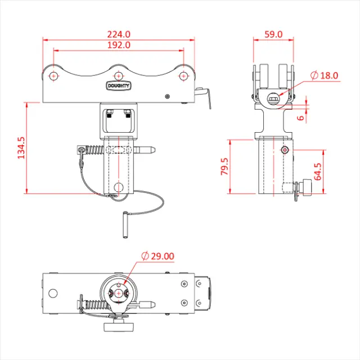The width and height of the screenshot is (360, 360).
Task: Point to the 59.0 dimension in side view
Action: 273,34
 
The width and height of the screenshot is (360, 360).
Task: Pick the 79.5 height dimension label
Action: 224,167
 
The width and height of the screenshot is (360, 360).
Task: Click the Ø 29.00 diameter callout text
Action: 158,256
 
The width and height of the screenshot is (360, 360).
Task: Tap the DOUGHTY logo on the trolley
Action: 118,86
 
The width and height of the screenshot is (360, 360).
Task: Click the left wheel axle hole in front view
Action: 53,76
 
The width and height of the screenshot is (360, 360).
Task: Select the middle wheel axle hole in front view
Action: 118,76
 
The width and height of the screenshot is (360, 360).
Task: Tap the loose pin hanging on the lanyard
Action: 125,224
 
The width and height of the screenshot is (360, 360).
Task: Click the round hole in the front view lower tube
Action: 118,186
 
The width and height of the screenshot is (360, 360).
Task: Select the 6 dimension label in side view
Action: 301,118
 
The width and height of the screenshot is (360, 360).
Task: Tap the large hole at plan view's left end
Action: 53,293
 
